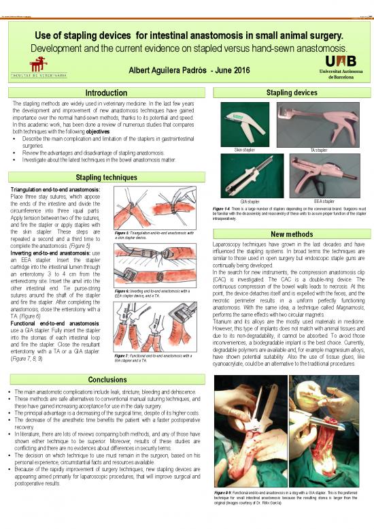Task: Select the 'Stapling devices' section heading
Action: (x=292, y=92)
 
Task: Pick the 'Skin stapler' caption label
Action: (x=244, y=149)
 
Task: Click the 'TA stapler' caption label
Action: (x=319, y=149)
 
